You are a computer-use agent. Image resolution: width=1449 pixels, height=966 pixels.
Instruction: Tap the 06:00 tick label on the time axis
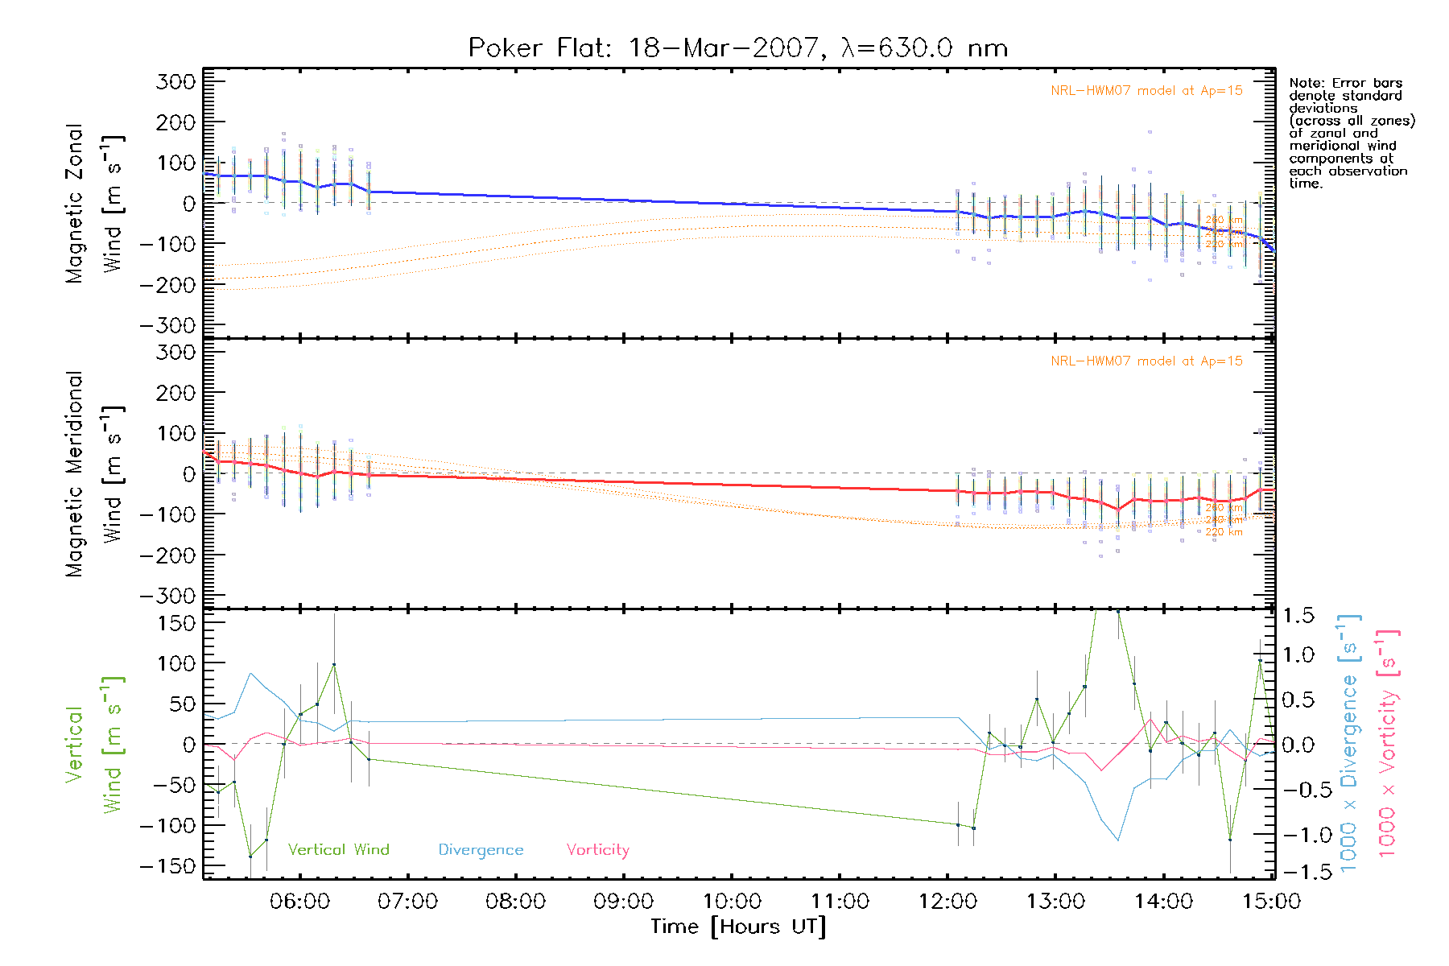299,902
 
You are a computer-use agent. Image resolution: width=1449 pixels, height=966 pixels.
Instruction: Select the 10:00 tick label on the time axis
732,902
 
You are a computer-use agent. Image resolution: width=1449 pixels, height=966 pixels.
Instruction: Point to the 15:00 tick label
1271,902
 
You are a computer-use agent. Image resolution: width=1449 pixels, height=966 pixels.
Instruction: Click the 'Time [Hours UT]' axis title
737,927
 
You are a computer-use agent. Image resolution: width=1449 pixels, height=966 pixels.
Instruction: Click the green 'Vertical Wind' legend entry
338,850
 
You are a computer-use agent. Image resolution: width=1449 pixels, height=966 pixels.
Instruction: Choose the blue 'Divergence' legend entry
481,850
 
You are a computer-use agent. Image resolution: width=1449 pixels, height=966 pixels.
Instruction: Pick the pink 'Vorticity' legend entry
597,850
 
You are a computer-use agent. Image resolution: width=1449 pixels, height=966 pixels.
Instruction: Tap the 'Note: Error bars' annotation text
1346,84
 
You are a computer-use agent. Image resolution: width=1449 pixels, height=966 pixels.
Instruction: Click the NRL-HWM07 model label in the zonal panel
1146,91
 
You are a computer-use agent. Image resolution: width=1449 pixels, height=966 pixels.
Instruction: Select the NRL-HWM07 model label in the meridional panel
1146,361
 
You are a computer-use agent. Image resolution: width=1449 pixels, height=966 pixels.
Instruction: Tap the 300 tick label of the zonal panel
176,82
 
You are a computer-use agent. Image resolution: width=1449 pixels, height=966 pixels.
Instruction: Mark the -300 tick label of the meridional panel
168,597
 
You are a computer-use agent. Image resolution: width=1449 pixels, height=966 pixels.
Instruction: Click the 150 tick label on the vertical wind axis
176,623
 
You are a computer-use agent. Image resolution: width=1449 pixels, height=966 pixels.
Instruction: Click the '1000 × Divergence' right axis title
1349,743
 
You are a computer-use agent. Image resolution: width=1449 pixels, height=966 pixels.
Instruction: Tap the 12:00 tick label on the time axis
947,902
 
